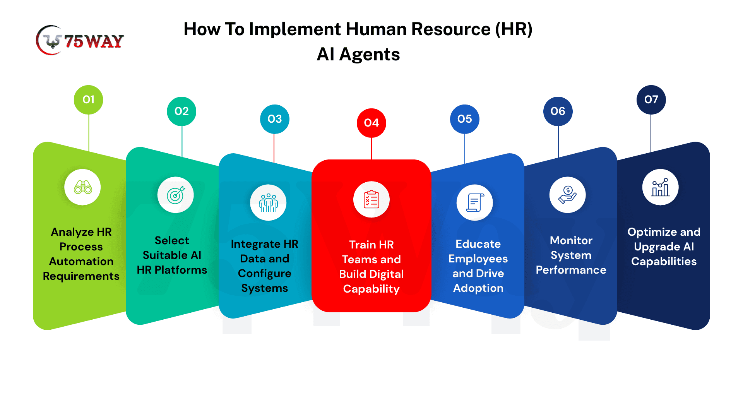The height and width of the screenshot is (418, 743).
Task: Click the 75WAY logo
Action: [80, 40]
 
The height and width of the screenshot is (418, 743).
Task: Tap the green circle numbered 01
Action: [89, 100]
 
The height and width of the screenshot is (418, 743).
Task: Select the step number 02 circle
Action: [181, 111]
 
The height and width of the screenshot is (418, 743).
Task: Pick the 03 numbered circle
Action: [275, 119]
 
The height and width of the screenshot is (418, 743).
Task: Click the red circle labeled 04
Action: [371, 123]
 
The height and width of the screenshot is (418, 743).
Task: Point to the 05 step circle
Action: [465, 119]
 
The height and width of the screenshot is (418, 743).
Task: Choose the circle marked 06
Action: [558, 111]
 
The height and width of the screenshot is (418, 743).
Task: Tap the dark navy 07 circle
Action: [651, 100]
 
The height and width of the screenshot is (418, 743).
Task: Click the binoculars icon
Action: [83, 187]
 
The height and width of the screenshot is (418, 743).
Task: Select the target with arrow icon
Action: [176, 195]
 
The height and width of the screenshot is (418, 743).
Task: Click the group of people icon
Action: [269, 203]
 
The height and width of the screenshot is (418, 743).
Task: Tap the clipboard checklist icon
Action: [371, 199]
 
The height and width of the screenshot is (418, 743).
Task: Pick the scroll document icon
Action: [475, 203]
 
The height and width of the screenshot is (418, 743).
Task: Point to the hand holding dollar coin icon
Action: [568, 195]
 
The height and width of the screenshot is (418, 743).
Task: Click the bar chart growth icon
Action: [661, 187]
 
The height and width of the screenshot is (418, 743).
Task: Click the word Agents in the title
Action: [370, 55]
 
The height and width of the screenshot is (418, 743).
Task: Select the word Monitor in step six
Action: [571, 240]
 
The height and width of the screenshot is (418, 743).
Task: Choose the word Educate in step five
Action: [478, 244]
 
